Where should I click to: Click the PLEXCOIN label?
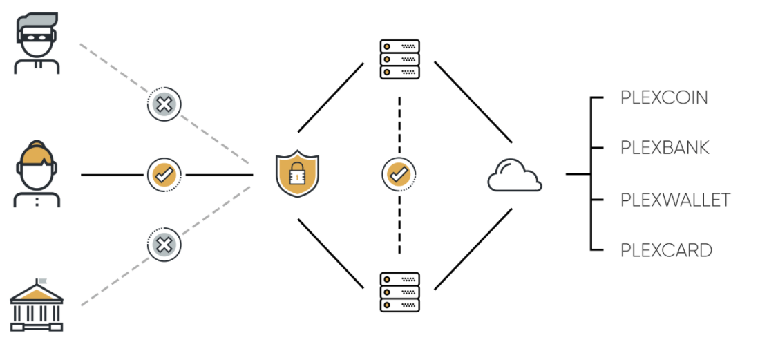(x=664, y=97)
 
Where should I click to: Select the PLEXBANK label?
(x=665, y=148)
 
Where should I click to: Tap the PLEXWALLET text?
(x=675, y=200)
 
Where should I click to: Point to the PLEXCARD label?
(x=666, y=250)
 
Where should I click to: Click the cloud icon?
(x=514, y=176)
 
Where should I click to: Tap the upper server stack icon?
(x=399, y=59)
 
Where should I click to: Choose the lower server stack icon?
(x=399, y=292)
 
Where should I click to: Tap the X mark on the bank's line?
(x=164, y=244)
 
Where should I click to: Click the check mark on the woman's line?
(x=164, y=175)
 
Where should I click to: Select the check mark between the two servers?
(x=399, y=175)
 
